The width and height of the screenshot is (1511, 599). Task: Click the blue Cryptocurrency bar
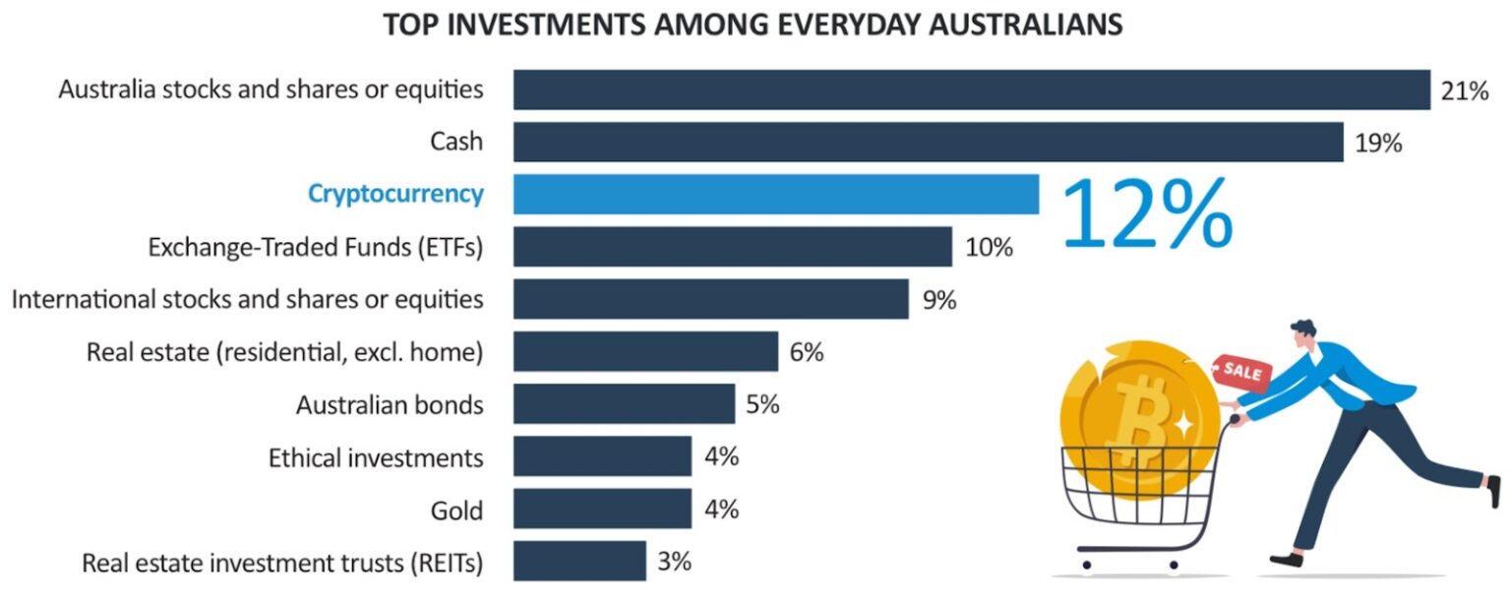775,194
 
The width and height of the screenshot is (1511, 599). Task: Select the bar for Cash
928,142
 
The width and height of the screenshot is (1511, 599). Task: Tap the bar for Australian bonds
624,403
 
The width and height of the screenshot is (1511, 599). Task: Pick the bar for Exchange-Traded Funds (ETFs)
732,247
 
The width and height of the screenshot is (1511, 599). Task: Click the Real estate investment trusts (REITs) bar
579,561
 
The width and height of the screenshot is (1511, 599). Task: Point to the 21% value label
1464,91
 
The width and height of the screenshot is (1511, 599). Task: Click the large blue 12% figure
1147,212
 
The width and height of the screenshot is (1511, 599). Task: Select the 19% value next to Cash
1377,144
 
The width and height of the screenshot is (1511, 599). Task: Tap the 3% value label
675,562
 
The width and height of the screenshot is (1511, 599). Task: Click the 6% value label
807,352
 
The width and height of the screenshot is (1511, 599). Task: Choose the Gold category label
456,509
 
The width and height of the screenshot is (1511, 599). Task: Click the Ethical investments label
376,457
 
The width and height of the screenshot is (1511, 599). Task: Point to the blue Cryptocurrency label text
395,194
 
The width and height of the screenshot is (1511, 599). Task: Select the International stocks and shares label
247,299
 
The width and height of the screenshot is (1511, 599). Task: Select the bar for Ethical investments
602,456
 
